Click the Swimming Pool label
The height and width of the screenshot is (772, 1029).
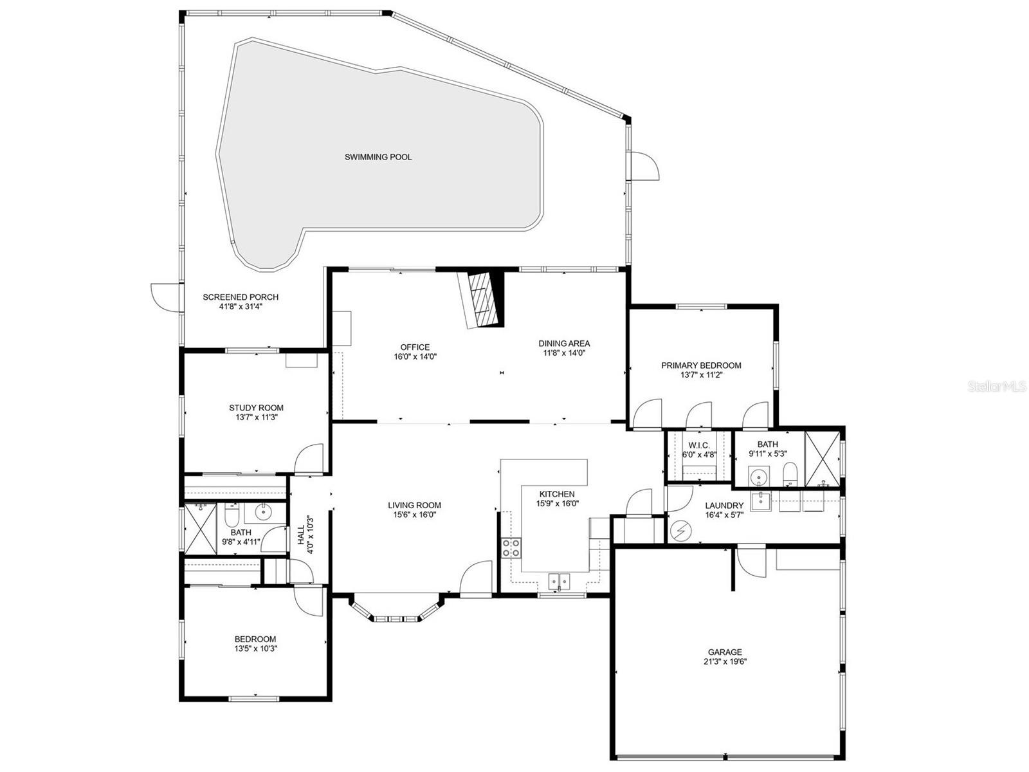coord(378,157)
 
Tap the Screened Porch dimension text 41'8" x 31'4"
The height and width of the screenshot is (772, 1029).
coord(241,307)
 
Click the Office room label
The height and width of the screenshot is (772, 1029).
coord(415,347)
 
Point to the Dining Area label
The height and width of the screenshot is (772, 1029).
coord(563,344)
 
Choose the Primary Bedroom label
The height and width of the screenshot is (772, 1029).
coord(701,365)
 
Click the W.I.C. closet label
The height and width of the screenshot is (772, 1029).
coord(698,445)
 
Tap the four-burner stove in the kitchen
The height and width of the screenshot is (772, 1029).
coord(511,547)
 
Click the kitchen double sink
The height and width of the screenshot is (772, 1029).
coord(560,581)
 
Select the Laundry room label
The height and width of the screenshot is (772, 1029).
coord(724,506)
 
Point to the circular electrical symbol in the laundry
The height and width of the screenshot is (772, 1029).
coord(679,531)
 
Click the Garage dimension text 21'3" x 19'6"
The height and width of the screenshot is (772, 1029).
coord(725,661)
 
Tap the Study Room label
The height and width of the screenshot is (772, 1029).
coord(256,408)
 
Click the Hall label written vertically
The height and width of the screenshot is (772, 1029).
coord(301,535)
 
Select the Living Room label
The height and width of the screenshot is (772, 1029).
coord(414,506)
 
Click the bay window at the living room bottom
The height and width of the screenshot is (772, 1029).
coord(396,618)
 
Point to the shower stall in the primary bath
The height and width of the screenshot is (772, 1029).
coord(822,459)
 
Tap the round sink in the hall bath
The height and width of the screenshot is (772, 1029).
coord(263,513)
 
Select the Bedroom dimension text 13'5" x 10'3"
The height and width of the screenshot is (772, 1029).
coord(255,648)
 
